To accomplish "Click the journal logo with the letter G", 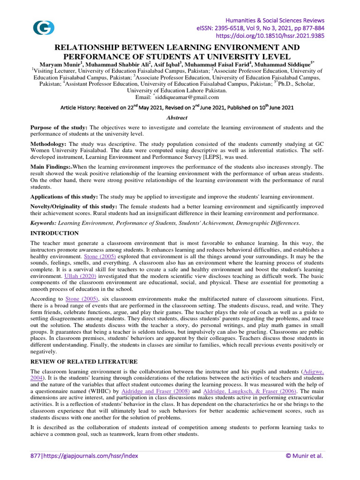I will coord(44,28).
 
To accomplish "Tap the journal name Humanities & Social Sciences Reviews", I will coord(276,21).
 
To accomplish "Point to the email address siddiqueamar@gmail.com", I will coord(187,97).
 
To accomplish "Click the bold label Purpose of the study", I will coord(59,127).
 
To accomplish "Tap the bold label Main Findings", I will coord(51,166).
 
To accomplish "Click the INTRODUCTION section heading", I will coord(54,233).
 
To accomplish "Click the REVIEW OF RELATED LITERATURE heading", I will coord(84,361).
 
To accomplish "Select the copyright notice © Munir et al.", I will coord(305,456).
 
